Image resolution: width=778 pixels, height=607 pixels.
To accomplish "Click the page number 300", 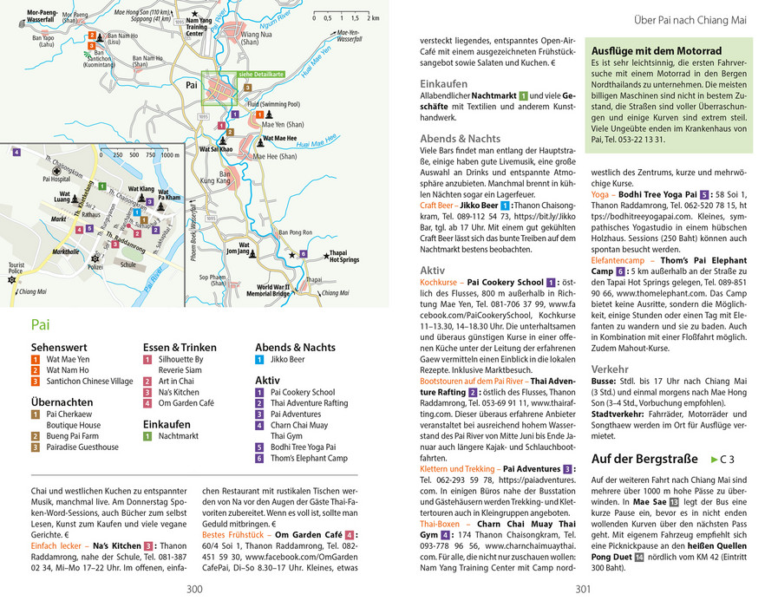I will point(194,590).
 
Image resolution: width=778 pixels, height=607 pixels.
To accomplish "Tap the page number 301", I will point(583,590).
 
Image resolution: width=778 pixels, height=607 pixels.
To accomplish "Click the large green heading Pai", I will point(40,326).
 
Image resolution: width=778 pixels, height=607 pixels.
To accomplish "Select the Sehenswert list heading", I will point(58,347).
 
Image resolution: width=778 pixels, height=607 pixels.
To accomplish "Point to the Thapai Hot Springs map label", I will point(343,256).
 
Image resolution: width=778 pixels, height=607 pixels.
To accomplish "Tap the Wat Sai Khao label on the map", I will point(215,149).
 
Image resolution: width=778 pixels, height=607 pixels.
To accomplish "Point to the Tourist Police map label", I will point(16,268).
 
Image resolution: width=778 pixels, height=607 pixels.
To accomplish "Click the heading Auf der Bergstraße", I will point(644,459).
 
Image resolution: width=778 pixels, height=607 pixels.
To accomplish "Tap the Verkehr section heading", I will point(610,369).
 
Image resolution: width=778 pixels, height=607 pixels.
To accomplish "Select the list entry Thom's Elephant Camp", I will point(308,459).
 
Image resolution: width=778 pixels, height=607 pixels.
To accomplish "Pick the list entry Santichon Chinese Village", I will point(89,381).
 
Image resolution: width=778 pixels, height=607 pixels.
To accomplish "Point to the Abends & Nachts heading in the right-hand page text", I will point(460,138).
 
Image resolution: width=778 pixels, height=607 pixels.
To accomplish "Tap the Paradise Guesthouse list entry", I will point(82,447).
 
